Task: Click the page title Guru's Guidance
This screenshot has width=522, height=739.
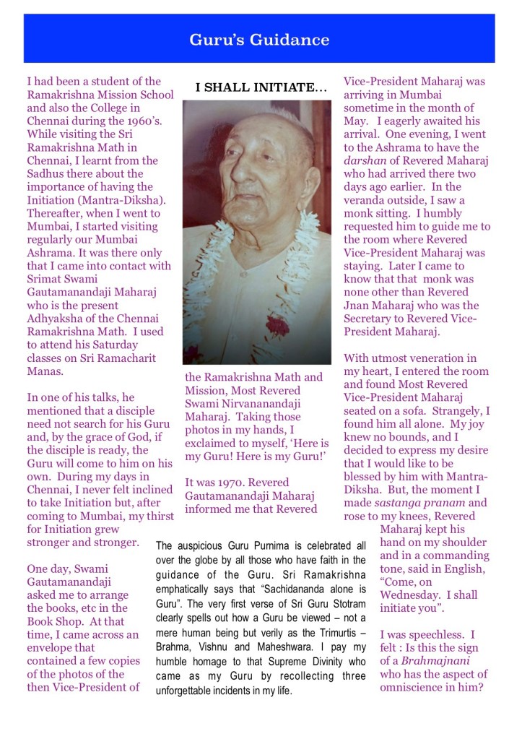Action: pyautogui.click(x=259, y=40)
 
